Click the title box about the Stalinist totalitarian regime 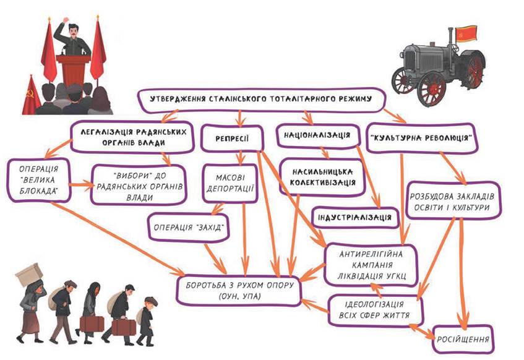[260, 100]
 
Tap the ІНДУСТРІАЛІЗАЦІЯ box [354, 217]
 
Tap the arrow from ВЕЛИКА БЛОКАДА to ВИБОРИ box [81, 184]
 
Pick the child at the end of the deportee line [146, 321]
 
